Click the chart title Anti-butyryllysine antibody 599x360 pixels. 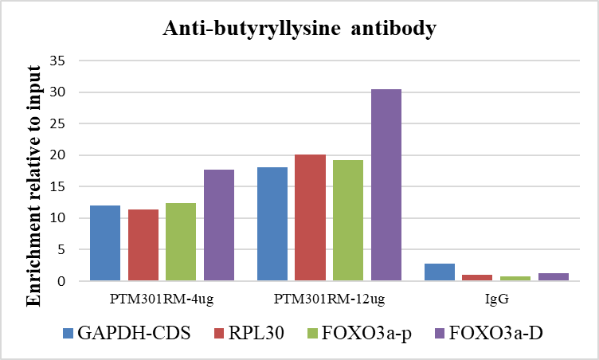pyautogui.click(x=299, y=29)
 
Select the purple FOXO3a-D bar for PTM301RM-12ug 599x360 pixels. pyautogui.click(x=386, y=185)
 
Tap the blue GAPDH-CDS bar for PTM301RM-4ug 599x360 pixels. pyautogui.click(x=105, y=243)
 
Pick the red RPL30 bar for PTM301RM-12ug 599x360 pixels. pyautogui.click(x=310, y=217)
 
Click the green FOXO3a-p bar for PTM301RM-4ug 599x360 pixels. pyautogui.click(x=181, y=242)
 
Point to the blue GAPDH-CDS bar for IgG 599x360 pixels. pyautogui.click(x=440, y=272)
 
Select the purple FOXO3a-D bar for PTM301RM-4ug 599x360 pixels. pyautogui.click(x=219, y=225)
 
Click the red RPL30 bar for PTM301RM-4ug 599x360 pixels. pyautogui.click(x=143, y=245)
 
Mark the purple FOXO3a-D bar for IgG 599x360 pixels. pyautogui.click(x=554, y=277)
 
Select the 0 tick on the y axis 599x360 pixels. pyautogui.click(x=70, y=281)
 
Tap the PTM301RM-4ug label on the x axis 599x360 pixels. pyautogui.click(x=162, y=300)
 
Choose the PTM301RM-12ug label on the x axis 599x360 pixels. pyautogui.click(x=329, y=300)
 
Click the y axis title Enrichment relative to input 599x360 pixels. pyautogui.click(x=34, y=184)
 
